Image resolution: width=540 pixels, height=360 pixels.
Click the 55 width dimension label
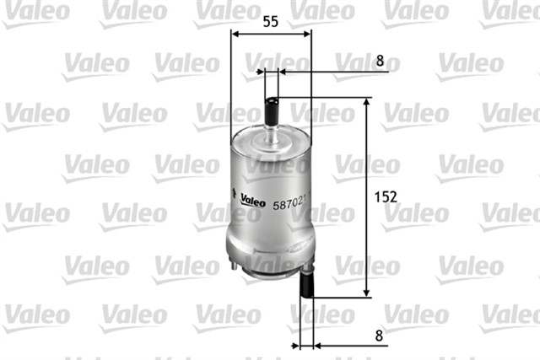click(x=271, y=22)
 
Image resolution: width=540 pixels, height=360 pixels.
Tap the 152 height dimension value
click(x=385, y=196)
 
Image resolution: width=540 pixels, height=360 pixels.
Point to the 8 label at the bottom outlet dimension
click(x=379, y=335)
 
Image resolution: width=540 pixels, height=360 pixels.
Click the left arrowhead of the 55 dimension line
click(x=236, y=34)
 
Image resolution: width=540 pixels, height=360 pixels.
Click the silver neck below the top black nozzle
click(x=272, y=136)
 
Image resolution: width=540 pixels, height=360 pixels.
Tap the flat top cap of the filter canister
click(x=271, y=152)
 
